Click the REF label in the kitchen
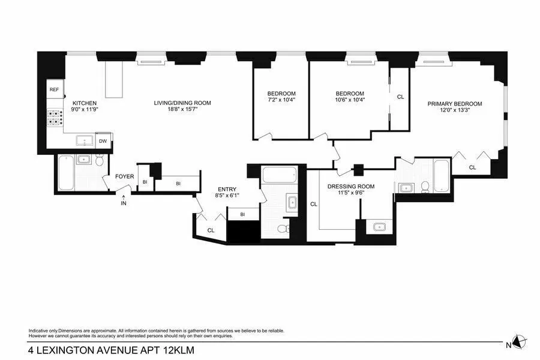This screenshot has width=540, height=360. tap(54, 90)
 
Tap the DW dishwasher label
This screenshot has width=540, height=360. tap(103, 142)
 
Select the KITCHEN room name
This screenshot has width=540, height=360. tap(85, 103)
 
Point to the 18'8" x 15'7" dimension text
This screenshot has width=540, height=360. tap(182, 110)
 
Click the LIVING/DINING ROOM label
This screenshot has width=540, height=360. tap(182, 103)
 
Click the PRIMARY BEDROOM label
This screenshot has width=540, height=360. tap(455, 104)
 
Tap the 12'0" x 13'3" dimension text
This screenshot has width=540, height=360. tap(455, 110)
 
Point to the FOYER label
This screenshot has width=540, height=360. tap(125, 177)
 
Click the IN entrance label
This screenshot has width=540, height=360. tap(124, 203)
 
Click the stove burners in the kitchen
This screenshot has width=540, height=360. tap(54, 118)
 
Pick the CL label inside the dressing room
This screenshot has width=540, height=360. tap(313, 205)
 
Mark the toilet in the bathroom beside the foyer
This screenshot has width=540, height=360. tap(100, 161)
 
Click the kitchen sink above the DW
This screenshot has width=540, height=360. tap(83, 142)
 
